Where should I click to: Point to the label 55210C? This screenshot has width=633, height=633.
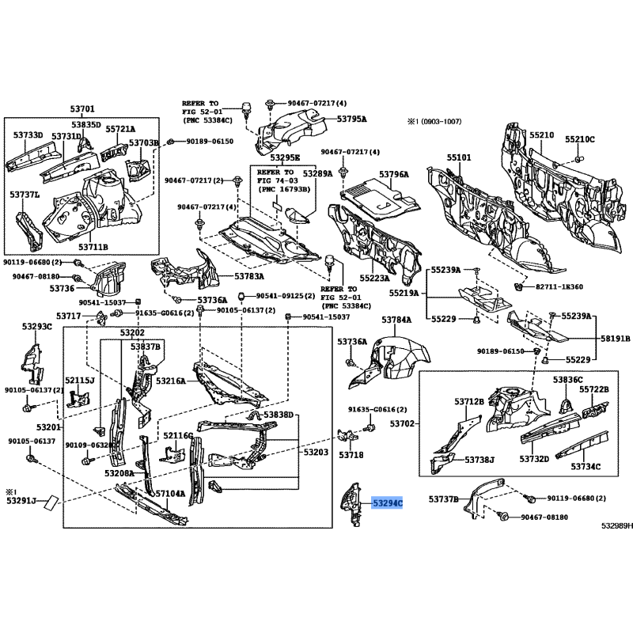tap(579, 139)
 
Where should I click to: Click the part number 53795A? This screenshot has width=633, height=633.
tap(351, 119)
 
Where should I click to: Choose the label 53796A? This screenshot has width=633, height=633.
tap(394, 174)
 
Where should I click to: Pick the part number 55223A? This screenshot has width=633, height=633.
tap(376, 256)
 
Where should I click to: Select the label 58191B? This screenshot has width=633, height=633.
tap(615, 338)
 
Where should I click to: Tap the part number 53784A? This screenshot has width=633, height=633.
tap(396, 320)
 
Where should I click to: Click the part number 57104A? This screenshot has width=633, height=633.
tap(170, 494)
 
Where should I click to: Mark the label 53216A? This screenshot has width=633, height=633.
tap(171, 381)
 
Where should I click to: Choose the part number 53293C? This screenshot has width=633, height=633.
tap(37, 326)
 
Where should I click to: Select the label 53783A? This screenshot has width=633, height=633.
tap(249, 276)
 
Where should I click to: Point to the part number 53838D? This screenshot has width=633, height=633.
tap(279, 415)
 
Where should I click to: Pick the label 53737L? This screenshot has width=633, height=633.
tap(25, 194)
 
